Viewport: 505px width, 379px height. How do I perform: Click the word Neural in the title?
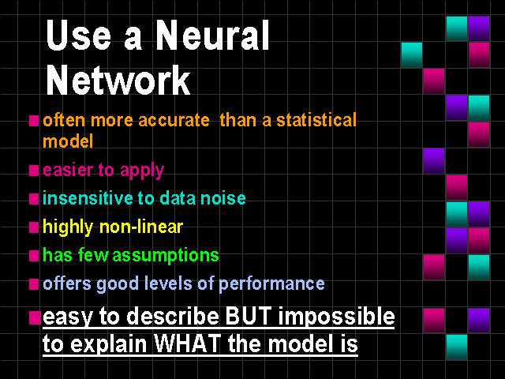[x=212, y=35]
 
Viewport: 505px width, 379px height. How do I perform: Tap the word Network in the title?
[x=118, y=80]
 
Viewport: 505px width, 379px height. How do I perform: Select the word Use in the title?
[x=79, y=35]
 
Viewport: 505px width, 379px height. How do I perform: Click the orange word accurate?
[x=174, y=121]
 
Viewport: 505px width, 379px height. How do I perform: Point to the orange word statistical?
[x=316, y=120]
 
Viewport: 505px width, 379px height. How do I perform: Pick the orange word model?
[x=68, y=141]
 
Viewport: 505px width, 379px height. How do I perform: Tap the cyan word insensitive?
[x=88, y=198]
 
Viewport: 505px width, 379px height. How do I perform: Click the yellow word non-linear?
[x=141, y=227]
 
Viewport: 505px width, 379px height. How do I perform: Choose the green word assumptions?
[x=166, y=256]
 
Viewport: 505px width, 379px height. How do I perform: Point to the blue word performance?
[x=271, y=284]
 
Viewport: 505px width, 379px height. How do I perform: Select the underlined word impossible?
[x=337, y=317]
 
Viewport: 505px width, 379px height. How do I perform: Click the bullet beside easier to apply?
[x=34, y=171]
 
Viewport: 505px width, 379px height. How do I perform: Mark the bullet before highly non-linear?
[x=34, y=227]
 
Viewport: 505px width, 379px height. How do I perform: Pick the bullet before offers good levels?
[x=34, y=284]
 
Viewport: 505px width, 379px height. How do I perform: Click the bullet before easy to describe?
[x=35, y=317]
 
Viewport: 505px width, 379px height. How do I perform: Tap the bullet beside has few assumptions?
[x=34, y=256]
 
